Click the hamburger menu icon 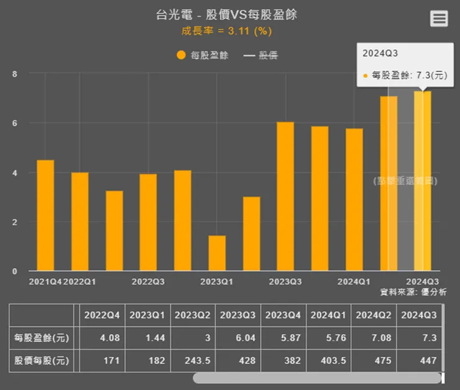pyautogui.click(x=439, y=19)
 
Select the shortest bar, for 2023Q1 pyautogui.click(x=217, y=253)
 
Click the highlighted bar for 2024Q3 pyautogui.click(x=423, y=180)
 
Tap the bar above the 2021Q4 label pyautogui.click(x=45, y=215)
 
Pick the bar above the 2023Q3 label pyautogui.click(x=285, y=196)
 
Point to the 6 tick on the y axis pyautogui.click(x=14, y=123)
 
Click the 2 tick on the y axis pyautogui.click(x=14, y=222)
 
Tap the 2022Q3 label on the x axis pyautogui.click(x=148, y=282)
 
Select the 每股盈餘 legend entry pyautogui.click(x=203, y=55)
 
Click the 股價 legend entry pyautogui.click(x=260, y=55)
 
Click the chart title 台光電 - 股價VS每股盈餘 pyautogui.click(x=226, y=14)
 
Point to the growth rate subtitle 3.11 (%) pyautogui.click(x=226, y=30)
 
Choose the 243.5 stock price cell pyautogui.click(x=194, y=361)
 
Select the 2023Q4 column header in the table pyautogui.click(x=283, y=315)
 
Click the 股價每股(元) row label pyautogui.click(x=42, y=361)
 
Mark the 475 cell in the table pyautogui.click(x=375, y=361)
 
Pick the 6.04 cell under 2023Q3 pyautogui.click(x=239, y=338)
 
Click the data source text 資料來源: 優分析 pyautogui.click(x=409, y=292)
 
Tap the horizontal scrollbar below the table pyautogui.click(x=317, y=378)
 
